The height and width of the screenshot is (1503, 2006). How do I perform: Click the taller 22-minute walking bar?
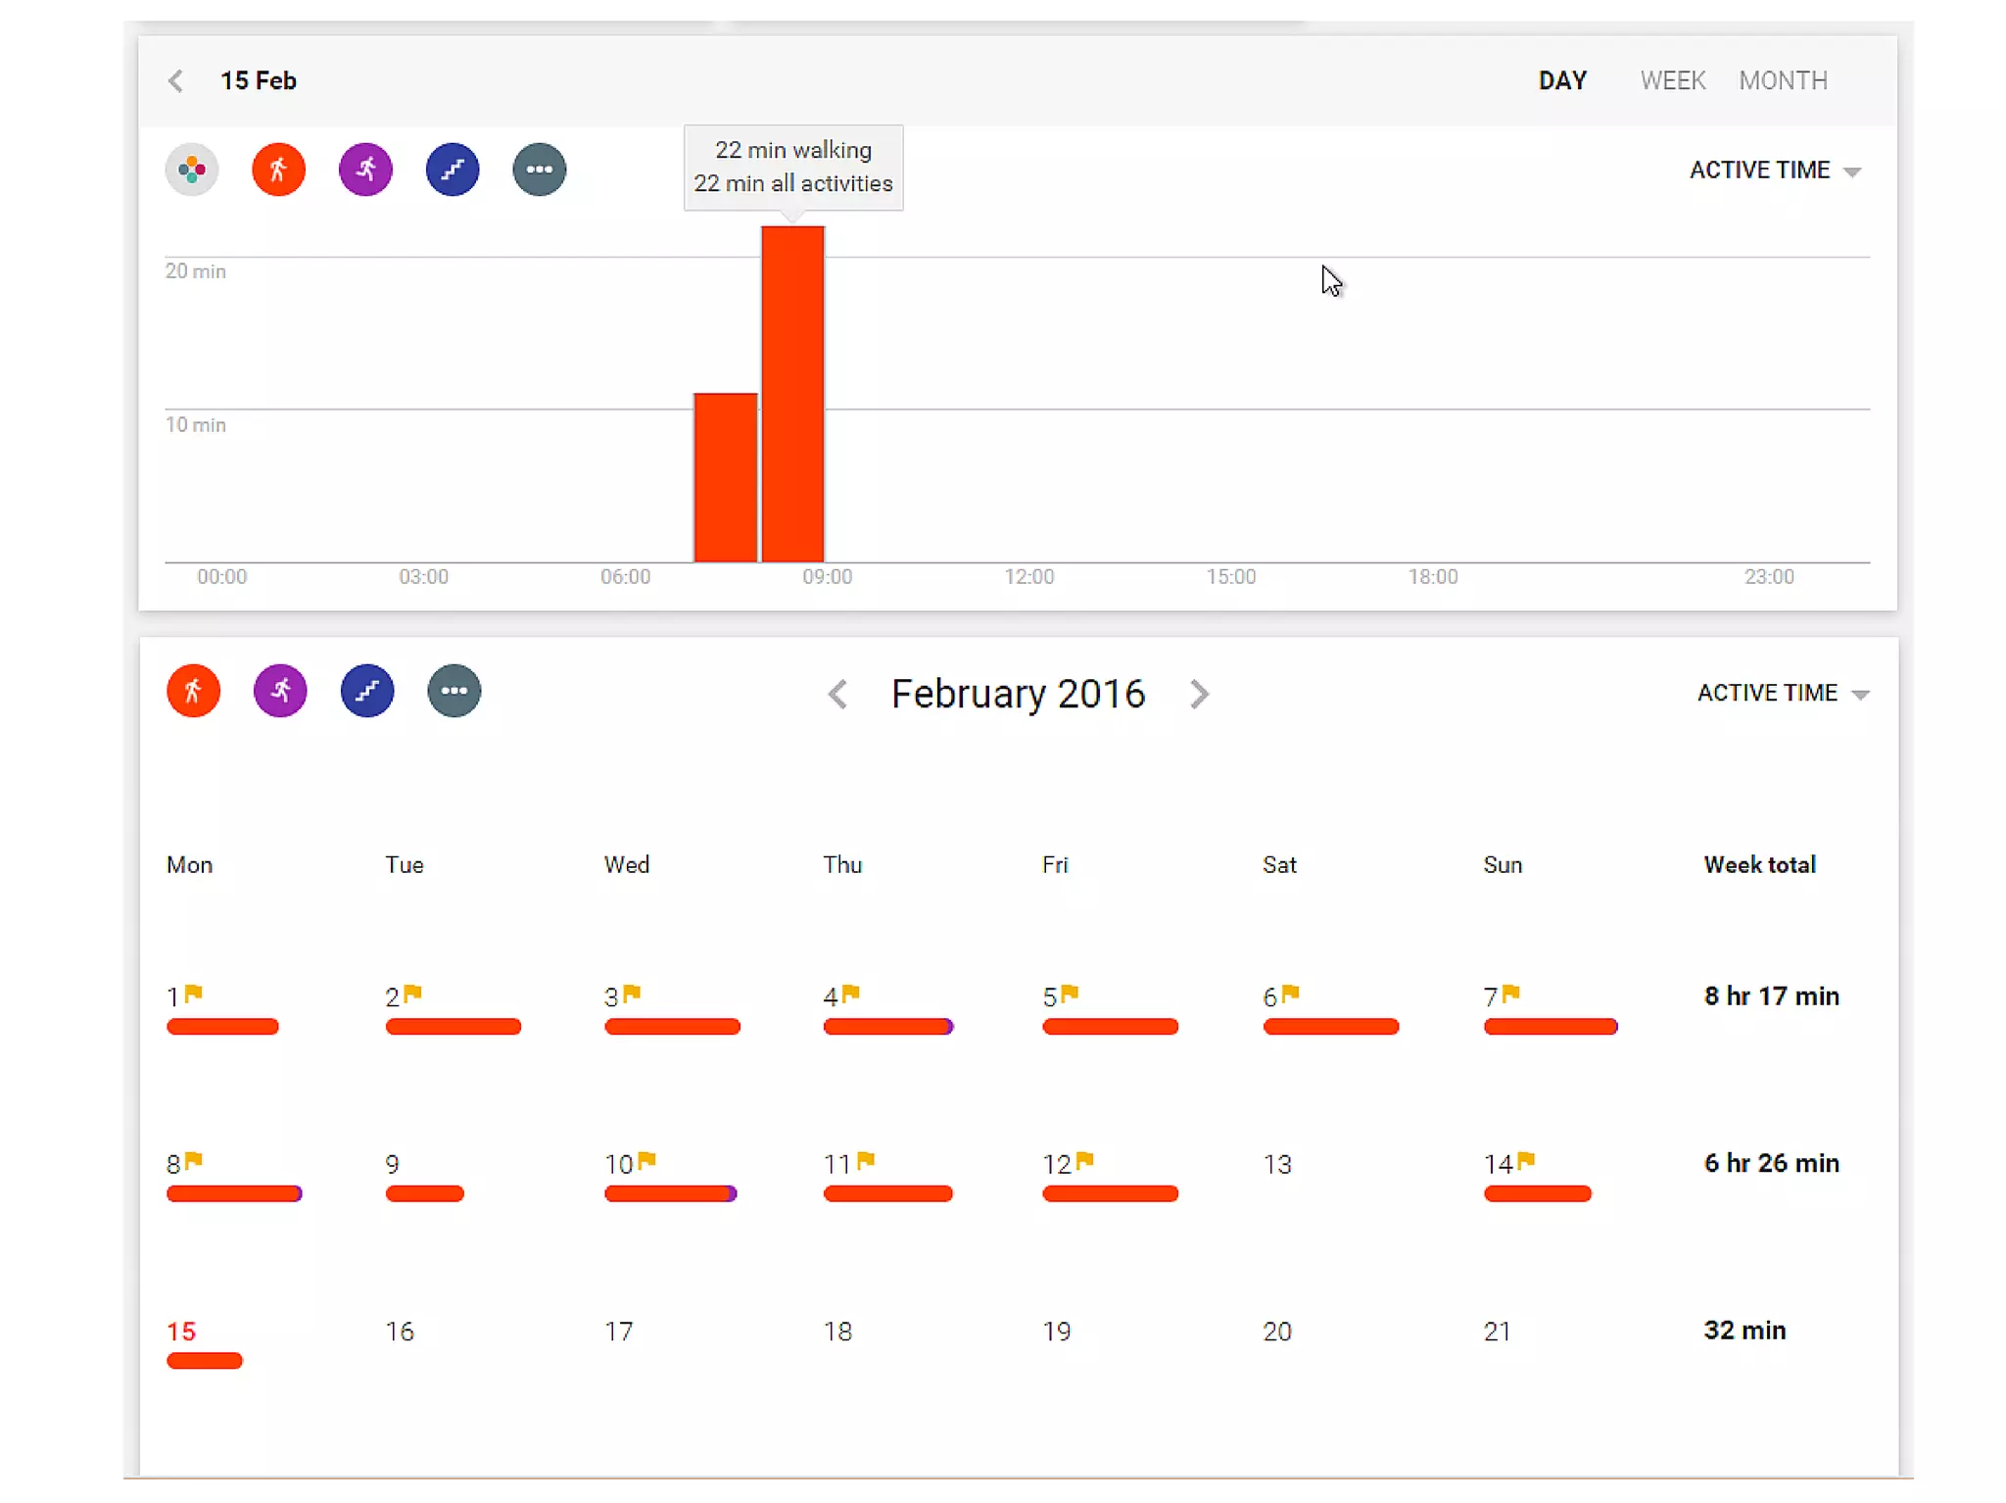click(792, 392)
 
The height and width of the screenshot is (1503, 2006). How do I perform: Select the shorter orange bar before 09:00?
click(725, 477)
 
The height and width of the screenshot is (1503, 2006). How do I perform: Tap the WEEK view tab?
click(1672, 80)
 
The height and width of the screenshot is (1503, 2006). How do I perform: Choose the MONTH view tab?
click(1783, 80)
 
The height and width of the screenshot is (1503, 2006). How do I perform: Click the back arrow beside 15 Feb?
click(176, 80)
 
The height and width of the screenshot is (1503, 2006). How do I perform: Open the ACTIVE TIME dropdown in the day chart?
click(1774, 170)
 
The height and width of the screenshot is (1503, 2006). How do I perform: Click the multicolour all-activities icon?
click(192, 170)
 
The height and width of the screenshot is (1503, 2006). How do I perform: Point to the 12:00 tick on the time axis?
click(1028, 576)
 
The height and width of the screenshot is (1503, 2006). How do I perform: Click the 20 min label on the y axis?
click(195, 271)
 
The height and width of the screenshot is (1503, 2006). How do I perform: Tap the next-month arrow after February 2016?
click(1199, 694)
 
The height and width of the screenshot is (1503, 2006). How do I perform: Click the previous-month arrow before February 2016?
click(837, 694)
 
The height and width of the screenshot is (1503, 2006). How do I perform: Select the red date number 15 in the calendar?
click(181, 1332)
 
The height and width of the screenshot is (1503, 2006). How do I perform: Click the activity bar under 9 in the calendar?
click(424, 1193)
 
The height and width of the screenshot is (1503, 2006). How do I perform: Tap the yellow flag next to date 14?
click(1526, 1160)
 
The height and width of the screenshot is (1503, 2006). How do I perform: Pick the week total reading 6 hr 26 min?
click(1771, 1163)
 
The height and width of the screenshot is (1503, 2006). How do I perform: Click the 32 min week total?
click(1744, 1331)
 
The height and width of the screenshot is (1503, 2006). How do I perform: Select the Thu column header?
click(842, 865)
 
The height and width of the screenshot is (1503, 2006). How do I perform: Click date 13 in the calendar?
click(1277, 1165)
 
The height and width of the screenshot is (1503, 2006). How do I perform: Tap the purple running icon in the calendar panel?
click(280, 691)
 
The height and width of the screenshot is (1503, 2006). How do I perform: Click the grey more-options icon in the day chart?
click(539, 170)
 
